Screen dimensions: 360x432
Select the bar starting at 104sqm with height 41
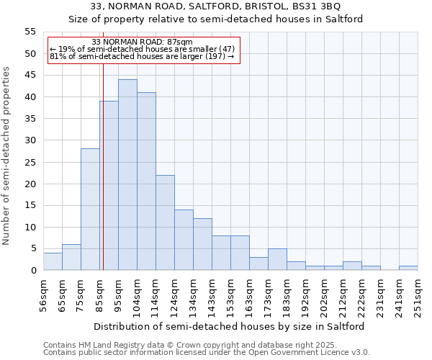(146, 181)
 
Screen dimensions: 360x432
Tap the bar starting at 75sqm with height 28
(90, 210)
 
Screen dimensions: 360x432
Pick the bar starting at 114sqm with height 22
(165, 222)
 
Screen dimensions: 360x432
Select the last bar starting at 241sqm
(408, 268)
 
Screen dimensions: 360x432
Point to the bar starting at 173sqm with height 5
(277, 259)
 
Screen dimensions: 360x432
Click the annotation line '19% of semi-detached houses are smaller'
(143, 50)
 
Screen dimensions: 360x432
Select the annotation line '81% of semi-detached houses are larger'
(143, 57)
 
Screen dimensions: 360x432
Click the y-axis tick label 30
(30, 140)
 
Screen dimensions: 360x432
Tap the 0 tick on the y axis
(32, 271)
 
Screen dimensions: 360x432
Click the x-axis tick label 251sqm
(418, 293)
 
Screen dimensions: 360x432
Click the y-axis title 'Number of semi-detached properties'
(6, 156)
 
